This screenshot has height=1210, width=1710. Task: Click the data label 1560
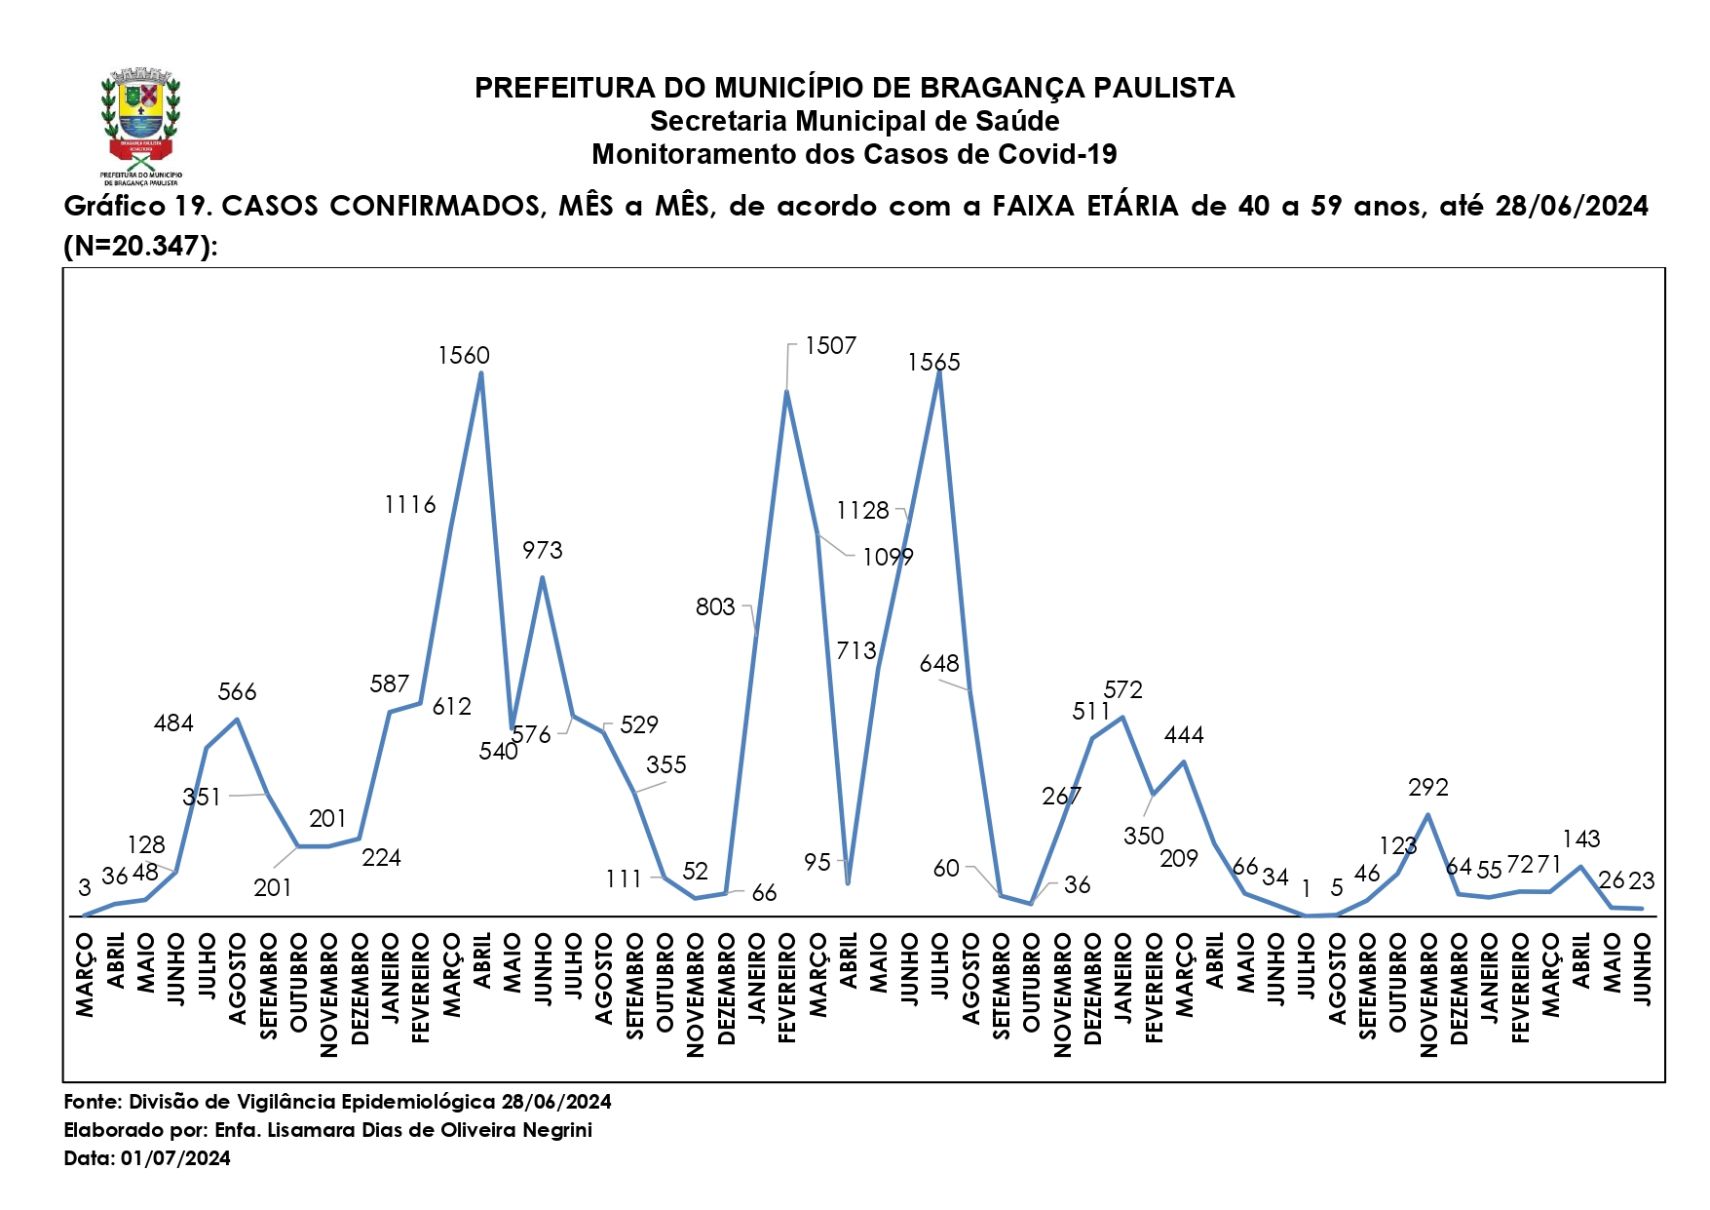tap(463, 356)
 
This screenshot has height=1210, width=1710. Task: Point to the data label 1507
tap(830, 346)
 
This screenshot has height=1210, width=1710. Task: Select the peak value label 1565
tap(933, 363)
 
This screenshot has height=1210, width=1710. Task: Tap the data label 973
tap(542, 551)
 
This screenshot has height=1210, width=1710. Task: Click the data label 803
tap(714, 607)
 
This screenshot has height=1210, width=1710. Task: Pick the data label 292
tap(1427, 788)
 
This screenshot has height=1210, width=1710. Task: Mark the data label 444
tap(1183, 735)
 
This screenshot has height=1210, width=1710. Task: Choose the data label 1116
tap(410, 505)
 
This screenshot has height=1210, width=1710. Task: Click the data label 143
tap(1580, 839)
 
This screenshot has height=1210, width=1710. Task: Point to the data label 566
tap(237, 692)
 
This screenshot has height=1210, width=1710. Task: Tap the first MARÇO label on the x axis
tap(85, 974)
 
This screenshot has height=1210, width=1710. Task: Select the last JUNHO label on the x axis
tap(1642, 968)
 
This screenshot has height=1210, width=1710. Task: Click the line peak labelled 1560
tap(480, 373)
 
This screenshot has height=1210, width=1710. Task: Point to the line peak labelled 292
tap(1427, 814)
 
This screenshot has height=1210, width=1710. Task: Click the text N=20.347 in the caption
tap(136, 246)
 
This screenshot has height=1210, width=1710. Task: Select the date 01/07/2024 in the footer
tap(175, 1158)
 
